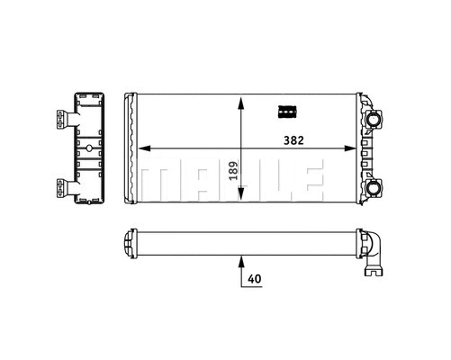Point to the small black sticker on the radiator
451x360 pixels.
coord(286,112)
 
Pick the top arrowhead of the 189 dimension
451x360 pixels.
coord(240,101)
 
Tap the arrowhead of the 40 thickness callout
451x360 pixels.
coord(240,262)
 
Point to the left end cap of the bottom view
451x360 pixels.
coord(128,242)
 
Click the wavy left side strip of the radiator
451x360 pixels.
coord(131,151)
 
